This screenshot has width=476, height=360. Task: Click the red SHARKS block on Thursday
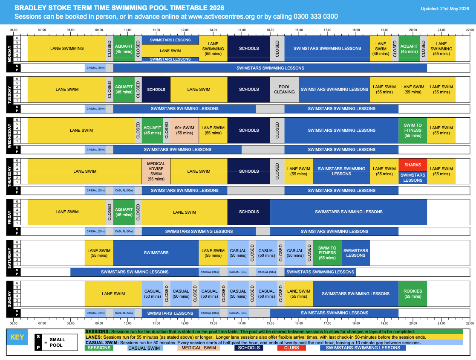(x=413, y=165)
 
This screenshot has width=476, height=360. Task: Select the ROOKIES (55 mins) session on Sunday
(x=413, y=293)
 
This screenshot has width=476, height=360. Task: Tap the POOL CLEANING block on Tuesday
(x=284, y=89)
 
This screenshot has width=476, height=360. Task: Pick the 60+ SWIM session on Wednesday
(x=185, y=131)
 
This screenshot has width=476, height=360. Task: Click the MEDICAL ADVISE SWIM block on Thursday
(x=156, y=171)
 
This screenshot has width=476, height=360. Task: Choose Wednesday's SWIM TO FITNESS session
(x=413, y=131)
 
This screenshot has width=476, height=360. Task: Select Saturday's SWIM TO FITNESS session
(x=327, y=253)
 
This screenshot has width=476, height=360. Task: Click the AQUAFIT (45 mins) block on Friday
(x=124, y=212)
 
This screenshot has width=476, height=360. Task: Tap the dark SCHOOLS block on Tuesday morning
(x=156, y=89)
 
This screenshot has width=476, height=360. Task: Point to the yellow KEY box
(x=17, y=337)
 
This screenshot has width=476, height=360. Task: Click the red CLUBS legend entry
(x=291, y=348)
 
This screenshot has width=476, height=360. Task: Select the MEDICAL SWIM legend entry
(x=199, y=348)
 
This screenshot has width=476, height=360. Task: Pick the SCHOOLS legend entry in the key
(x=248, y=348)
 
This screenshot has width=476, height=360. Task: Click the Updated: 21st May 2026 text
(x=445, y=9)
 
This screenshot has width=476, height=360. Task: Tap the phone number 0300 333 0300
(x=316, y=16)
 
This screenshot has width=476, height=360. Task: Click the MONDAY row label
(x=9, y=54)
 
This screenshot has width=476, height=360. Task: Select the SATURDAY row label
(x=9, y=258)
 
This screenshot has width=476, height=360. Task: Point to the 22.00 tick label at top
(x=470, y=30)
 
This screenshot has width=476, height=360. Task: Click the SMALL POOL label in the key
(x=58, y=343)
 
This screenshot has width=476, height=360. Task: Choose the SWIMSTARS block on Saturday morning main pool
(x=156, y=253)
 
